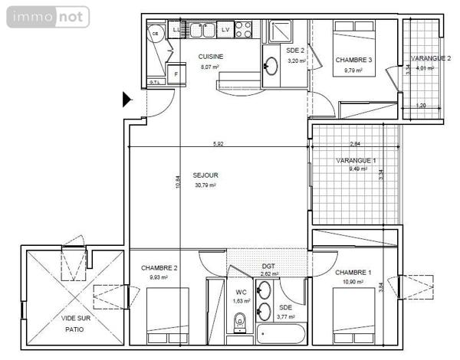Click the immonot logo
pyautogui.click(x=46, y=16)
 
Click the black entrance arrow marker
pyautogui.click(x=127, y=98)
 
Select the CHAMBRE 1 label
pyautogui.click(x=353, y=273)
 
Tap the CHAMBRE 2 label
pyautogui.click(x=159, y=267)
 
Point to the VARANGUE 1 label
pyautogui.click(x=356, y=160)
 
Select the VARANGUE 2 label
pyautogui.click(x=430, y=58)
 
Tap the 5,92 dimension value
pyautogui.click(x=219, y=143)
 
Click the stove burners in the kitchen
pyautogui.click(x=243, y=30)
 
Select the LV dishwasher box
pyautogui.click(x=225, y=30)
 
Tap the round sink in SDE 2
pyautogui.click(x=271, y=66)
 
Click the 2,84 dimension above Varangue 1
pyautogui.click(x=354, y=143)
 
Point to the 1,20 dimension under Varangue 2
pyautogui.click(x=420, y=106)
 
